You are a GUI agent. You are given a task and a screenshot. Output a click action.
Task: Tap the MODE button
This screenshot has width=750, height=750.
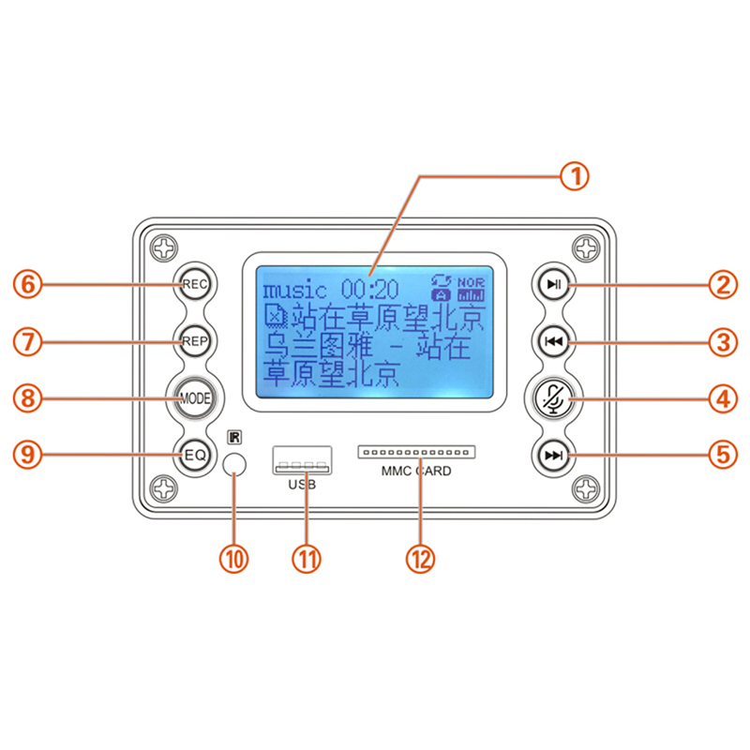(195, 398)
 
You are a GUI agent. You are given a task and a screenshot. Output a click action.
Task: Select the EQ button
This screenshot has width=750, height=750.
(195, 456)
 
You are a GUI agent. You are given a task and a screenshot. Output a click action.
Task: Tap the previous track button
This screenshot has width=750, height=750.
(554, 342)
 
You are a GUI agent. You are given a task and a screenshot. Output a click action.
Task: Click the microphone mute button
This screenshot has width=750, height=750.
(554, 398)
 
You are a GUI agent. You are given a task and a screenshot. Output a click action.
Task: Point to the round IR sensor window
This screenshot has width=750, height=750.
(234, 464)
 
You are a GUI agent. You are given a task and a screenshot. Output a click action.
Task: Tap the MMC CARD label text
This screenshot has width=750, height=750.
(416, 472)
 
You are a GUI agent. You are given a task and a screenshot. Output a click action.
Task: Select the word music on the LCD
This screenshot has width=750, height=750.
(294, 290)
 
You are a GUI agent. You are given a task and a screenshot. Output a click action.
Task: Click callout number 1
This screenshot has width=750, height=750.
(575, 175)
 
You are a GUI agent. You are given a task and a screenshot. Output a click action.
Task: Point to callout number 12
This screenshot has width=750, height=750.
(421, 559)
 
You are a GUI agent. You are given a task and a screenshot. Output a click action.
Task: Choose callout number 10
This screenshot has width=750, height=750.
(233, 559)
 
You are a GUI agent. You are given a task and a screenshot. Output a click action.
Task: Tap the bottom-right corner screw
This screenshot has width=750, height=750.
(586, 488)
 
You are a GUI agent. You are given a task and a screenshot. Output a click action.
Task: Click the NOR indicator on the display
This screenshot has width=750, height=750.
(472, 280)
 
